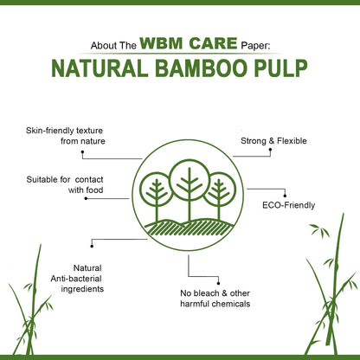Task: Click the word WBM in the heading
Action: pos(161,43)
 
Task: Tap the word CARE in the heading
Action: pos(213,43)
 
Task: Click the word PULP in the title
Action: pos(284,68)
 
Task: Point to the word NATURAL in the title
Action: pos(100,68)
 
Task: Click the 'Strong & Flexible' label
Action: pos(273,141)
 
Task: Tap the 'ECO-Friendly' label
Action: pos(289,205)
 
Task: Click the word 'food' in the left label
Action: pos(94,190)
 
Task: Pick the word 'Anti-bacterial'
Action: pos(76,279)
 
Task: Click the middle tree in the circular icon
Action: pos(190,188)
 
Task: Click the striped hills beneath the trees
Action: pos(190,228)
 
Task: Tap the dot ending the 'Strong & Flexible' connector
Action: pos(270,150)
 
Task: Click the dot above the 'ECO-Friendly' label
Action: pos(285,196)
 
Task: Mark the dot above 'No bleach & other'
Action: pos(218,284)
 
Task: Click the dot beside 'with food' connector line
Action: pos(86,198)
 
